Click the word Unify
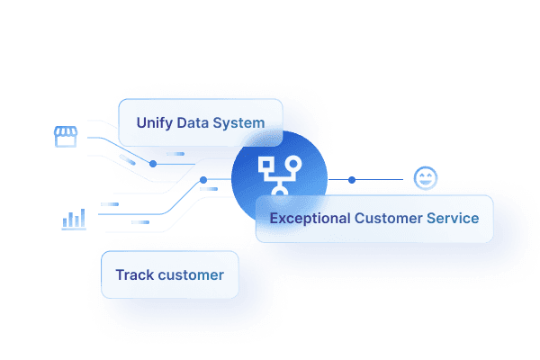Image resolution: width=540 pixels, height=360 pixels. coord(154,122)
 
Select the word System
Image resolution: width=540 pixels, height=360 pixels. coord(239,122)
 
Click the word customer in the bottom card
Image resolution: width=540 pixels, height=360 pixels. coord(191,274)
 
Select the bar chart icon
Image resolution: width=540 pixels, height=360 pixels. coord(74,220)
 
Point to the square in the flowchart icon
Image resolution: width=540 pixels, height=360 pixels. coord(266,164)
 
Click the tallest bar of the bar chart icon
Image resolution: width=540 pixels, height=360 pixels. coord(82,218)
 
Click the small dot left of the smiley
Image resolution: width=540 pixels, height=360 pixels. coord(351,179)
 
